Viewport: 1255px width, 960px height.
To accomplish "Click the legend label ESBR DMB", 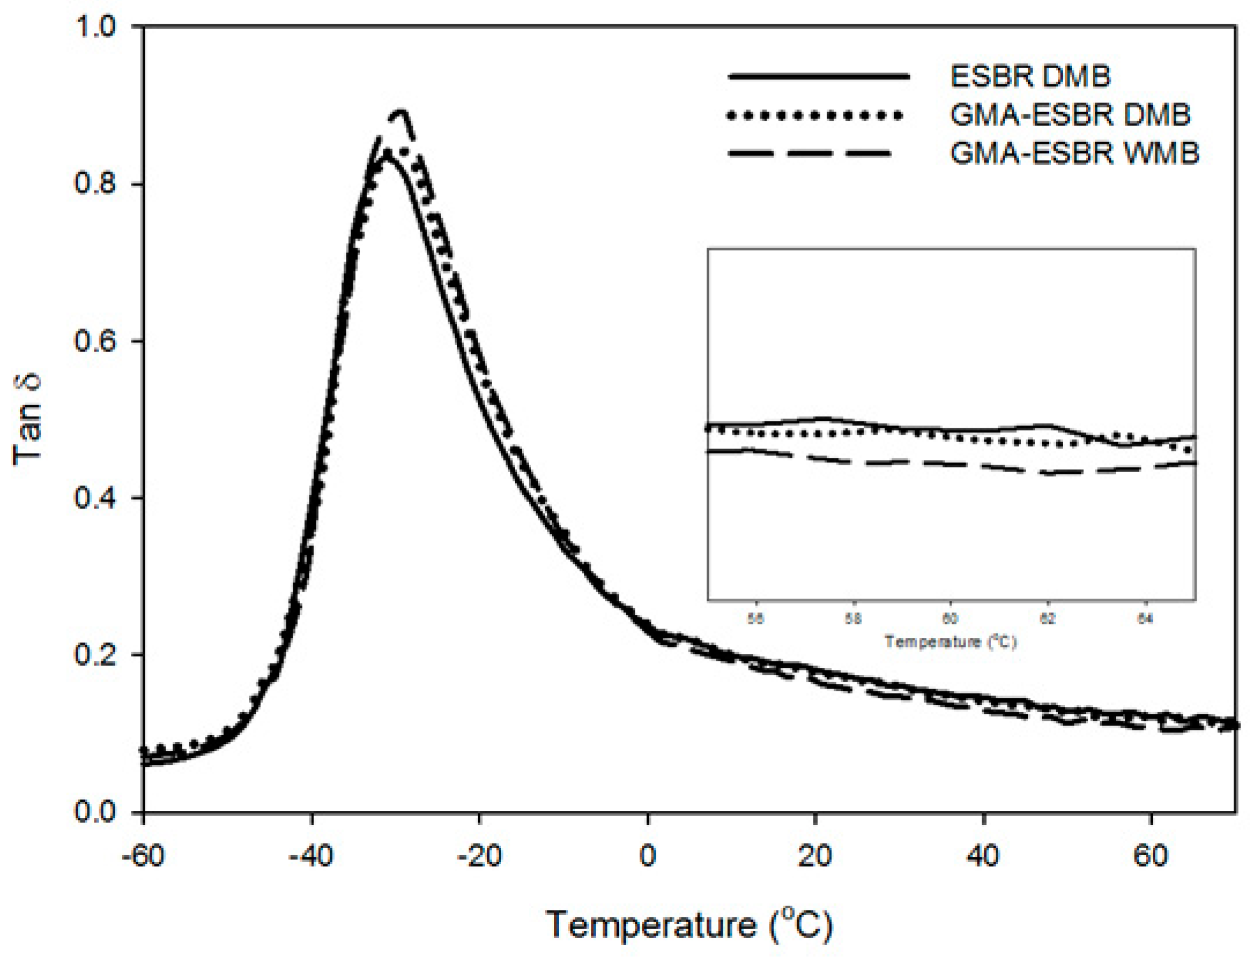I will (1030, 77).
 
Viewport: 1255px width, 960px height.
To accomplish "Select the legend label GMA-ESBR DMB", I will (1070, 115).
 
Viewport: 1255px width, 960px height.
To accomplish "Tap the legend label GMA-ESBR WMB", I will (1074, 154).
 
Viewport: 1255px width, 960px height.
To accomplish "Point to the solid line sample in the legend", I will (818, 77).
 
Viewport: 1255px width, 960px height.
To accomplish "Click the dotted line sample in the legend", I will (815, 115).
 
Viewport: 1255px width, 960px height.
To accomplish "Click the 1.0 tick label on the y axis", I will (95, 27).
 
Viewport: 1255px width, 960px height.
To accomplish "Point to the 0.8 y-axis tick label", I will (95, 183).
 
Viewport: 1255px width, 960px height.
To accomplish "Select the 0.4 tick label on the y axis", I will (95, 497).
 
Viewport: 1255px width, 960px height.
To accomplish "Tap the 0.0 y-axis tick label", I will (95, 812).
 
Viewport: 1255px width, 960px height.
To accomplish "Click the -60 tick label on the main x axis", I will (143, 856).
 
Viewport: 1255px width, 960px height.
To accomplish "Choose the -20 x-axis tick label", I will (479, 856).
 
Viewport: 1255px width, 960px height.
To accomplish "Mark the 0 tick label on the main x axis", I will (648, 856).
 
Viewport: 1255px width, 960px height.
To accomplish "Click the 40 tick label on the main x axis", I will (983, 856).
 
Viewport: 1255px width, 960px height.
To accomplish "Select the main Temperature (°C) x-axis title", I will (689, 925).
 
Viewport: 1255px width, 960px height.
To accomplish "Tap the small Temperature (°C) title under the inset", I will (950, 641).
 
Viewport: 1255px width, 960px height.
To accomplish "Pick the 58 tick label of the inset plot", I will (853, 619).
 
